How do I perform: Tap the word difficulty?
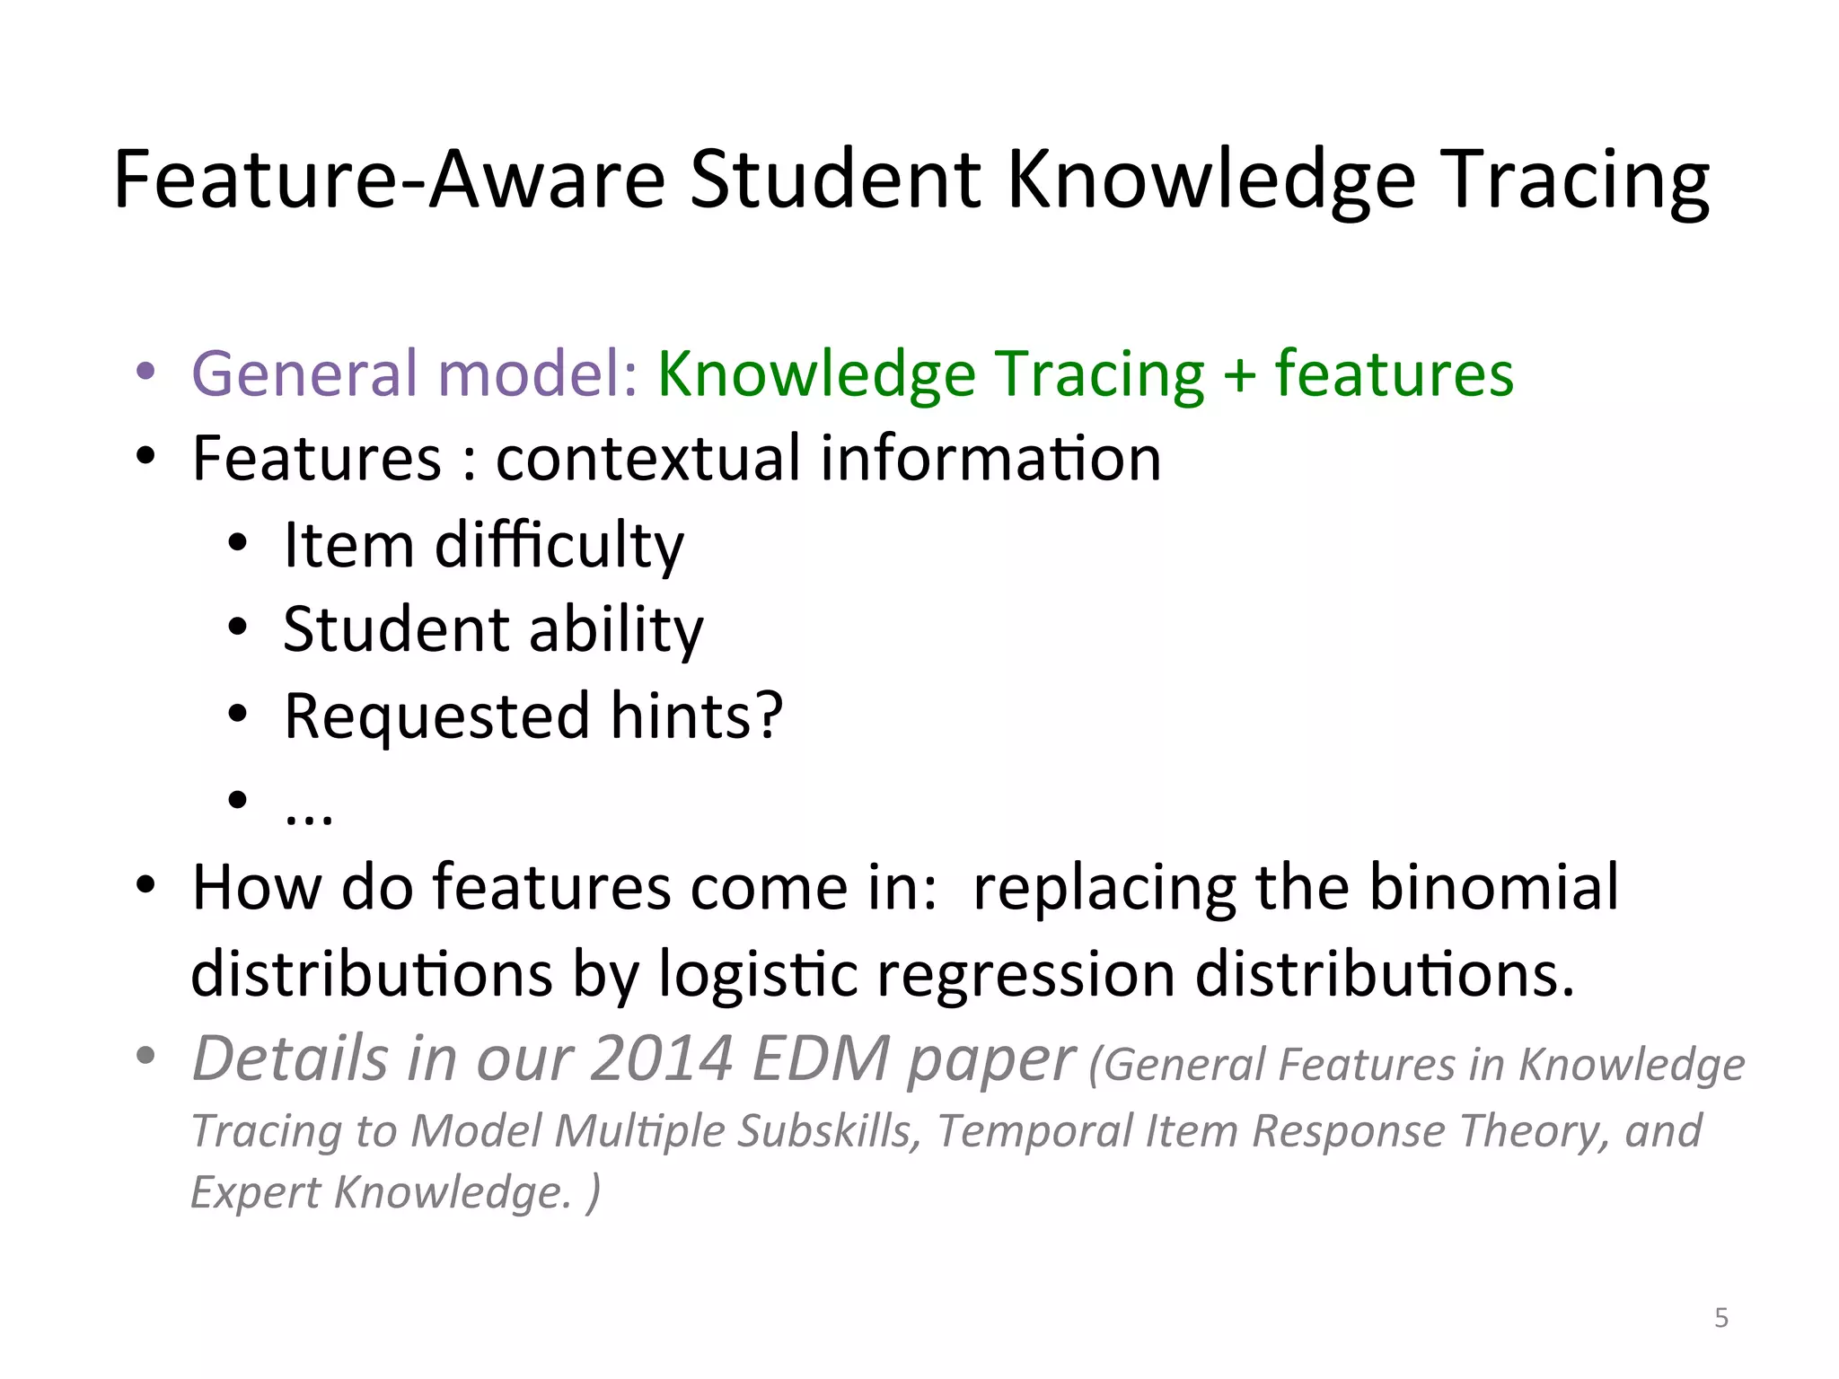point(559,546)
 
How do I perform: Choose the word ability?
point(616,630)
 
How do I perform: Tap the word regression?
point(1025,974)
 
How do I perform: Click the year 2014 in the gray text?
point(662,1059)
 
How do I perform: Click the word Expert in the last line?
point(255,1193)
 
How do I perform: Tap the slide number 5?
point(1720,1318)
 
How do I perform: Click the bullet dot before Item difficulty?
point(237,544)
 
